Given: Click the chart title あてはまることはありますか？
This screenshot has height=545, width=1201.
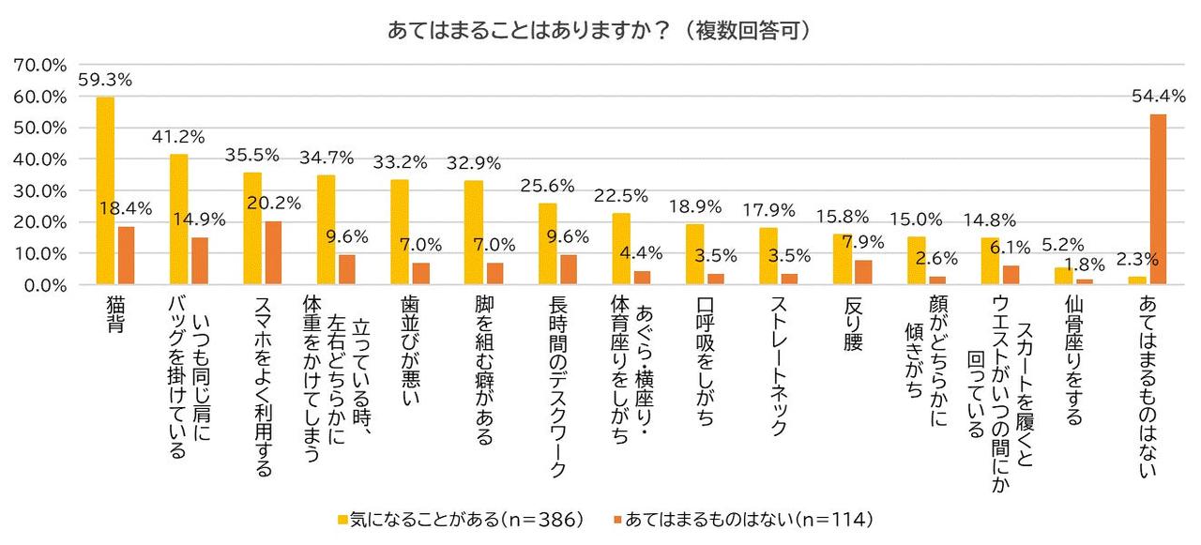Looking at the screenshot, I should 600,30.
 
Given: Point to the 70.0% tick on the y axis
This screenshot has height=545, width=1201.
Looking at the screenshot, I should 40,65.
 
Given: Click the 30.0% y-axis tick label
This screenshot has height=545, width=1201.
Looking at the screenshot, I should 40,190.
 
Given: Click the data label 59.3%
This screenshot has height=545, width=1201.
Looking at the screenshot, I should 105,79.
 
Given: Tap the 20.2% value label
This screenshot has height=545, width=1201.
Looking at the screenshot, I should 274,202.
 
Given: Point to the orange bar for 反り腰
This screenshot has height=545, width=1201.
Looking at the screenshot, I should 862,272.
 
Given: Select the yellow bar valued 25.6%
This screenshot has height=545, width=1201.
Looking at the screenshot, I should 548,244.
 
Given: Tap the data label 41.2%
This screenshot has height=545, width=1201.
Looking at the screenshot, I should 179,137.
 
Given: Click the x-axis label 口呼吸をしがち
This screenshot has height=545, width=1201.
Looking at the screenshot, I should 705,361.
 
